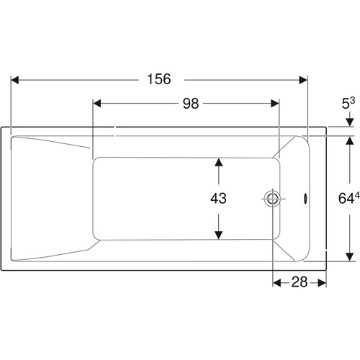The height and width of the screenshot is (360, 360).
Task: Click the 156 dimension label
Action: point(159,79)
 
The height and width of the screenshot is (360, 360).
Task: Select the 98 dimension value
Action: point(191,104)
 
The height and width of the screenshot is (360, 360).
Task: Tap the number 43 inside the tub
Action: point(218,198)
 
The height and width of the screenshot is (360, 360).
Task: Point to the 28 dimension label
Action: point(300,282)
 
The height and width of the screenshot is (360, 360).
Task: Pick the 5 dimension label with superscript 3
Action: point(348,103)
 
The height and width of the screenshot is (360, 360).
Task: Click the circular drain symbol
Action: point(273,199)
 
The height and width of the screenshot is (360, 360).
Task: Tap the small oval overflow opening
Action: point(305,199)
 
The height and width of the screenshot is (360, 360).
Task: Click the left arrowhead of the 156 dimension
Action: point(15,80)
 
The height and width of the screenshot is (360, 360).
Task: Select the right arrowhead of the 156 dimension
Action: point(303,80)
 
